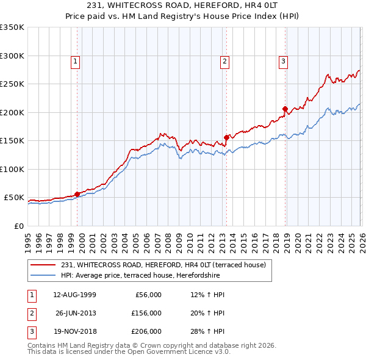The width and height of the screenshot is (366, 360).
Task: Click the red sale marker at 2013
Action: [x=226, y=137]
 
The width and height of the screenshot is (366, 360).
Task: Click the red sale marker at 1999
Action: [x=77, y=194]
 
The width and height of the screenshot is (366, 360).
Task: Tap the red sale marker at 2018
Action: [x=285, y=109]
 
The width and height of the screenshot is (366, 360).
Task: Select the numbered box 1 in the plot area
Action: [x=74, y=60]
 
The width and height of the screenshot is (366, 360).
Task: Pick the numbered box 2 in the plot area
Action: [x=224, y=60]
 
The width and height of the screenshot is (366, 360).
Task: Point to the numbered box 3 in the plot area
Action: [x=284, y=60]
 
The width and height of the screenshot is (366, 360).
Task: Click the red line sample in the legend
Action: [x=44, y=265]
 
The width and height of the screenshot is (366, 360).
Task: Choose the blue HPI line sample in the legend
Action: [x=44, y=275]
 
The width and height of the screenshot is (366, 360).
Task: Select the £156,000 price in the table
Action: [x=146, y=313]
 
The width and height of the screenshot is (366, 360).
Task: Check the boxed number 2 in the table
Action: [x=31, y=313]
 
